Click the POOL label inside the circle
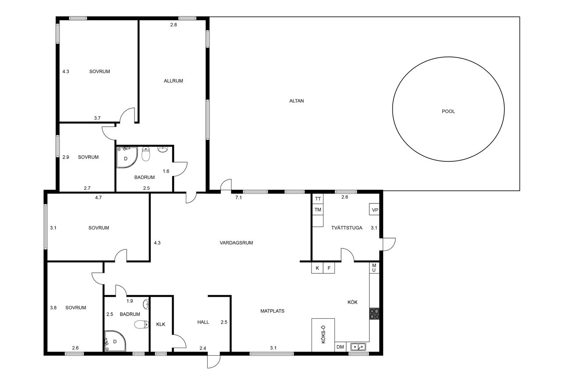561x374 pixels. [x=448, y=111]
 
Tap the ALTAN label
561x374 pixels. [x=297, y=101]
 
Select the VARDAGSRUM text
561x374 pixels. [x=236, y=243]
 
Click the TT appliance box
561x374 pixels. [x=318, y=199]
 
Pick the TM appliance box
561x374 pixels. [x=318, y=210]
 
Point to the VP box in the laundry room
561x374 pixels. [x=374, y=209]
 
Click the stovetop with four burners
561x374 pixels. [x=374, y=313]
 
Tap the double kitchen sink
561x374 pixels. [x=358, y=347]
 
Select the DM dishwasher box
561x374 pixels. [x=340, y=347]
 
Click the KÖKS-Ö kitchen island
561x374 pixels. [x=323, y=335]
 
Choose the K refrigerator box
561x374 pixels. [x=317, y=268]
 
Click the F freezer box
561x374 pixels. [x=329, y=268]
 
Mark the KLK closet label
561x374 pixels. [x=160, y=324]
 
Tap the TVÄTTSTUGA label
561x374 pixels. [x=347, y=228]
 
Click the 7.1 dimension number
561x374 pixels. [x=238, y=198]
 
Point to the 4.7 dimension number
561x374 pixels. [x=99, y=198]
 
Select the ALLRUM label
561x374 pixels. [x=173, y=81]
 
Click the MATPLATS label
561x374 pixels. [x=272, y=311]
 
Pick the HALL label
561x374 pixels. [x=203, y=322]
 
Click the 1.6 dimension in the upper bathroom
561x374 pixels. [x=166, y=171]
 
